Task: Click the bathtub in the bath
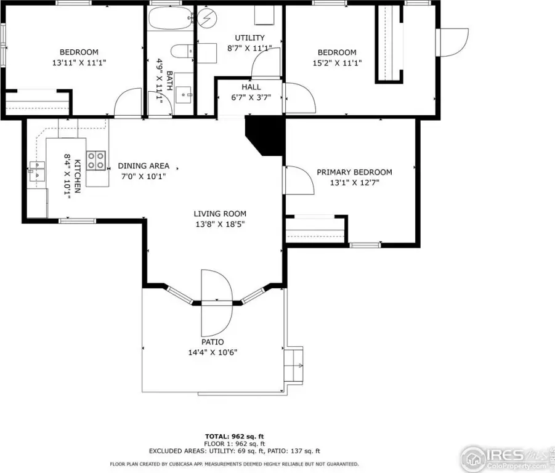(171, 18)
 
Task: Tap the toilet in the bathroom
(182, 51)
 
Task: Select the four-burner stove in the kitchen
(96, 161)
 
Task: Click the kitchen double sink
(37, 171)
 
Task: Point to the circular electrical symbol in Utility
(207, 17)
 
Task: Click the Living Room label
(220, 214)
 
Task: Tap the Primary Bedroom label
(354, 172)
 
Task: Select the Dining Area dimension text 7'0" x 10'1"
(144, 176)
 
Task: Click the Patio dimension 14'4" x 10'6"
(213, 352)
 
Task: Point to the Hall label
(251, 87)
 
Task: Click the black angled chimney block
(265, 136)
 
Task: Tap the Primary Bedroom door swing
(299, 180)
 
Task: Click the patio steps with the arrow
(294, 365)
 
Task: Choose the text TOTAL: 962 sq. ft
(234, 437)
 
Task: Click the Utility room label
(249, 38)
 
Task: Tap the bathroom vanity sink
(184, 95)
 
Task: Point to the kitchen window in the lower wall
(77, 221)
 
